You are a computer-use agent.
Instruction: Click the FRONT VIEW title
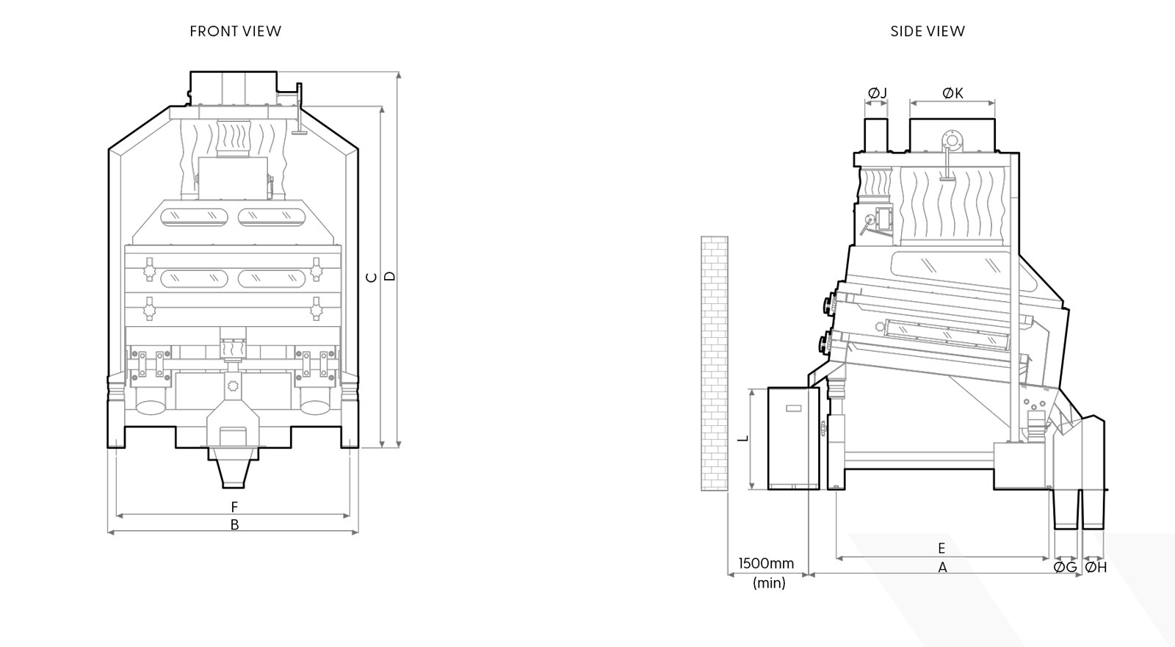point(235,31)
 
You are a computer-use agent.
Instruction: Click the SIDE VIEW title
point(928,31)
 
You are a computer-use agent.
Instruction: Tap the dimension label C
point(372,277)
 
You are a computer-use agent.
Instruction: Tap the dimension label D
point(391,276)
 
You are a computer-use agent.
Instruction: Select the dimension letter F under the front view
point(234,507)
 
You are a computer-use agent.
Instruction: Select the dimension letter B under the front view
point(234,525)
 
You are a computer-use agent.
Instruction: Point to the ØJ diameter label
point(877,93)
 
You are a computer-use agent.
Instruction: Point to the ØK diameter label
point(952,93)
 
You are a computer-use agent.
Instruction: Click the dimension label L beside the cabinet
point(743,438)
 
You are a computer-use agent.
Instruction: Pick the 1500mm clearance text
point(766,563)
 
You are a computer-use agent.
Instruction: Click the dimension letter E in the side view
point(941,548)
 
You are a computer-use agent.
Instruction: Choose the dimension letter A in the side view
point(942,567)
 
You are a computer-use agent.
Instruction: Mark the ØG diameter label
point(1066,567)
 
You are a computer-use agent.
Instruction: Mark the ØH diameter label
point(1096,567)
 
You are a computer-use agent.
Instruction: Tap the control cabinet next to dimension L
point(792,438)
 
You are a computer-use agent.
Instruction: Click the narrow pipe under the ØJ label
point(875,134)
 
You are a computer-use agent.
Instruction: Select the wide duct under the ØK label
point(953,132)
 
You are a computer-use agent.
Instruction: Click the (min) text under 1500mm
point(769,584)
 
